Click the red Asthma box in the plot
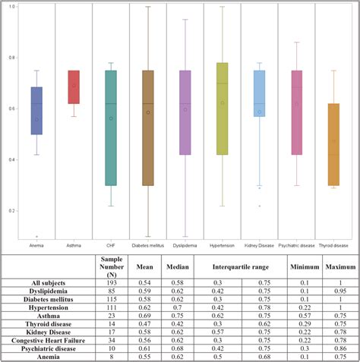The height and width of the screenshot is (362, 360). pyautogui.click(x=74, y=87)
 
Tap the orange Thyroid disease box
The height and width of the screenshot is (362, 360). pyautogui.click(x=333, y=144)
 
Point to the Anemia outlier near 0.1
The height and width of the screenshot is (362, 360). pyautogui.click(x=37, y=236)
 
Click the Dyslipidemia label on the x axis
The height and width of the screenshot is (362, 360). pyautogui.click(x=185, y=246)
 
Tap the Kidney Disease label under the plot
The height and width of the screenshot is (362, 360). pyautogui.click(x=259, y=246)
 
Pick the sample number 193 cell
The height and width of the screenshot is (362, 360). pyautogui.click(x=112, y=282)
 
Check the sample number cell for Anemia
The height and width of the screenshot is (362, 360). pyautogui.click(x=112, y=356)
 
